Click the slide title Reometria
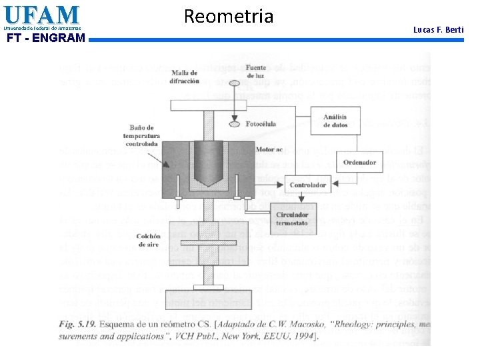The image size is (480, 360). (x=228, y=16)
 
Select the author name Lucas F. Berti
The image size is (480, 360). (x=438, y=30)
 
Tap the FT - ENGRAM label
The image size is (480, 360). (x=45, y=38)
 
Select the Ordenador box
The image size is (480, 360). (x=360, y=162)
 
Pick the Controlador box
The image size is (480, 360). (x=308, y=185)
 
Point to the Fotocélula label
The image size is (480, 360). (x=261, y=124)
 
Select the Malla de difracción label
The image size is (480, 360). (x=187, y=77)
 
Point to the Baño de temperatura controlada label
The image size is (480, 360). (x=142, y=135)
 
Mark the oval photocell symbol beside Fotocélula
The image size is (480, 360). (x=233, y=123)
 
